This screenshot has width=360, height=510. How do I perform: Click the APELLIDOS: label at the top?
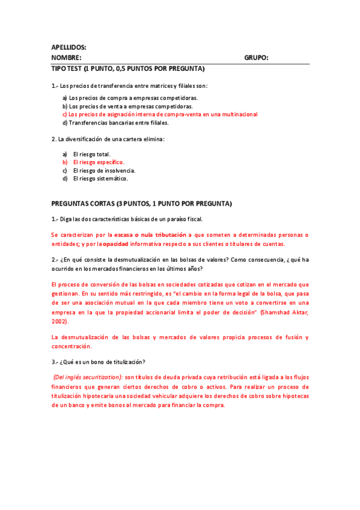click(x=69, y=47)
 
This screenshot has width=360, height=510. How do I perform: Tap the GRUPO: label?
click(x=256, y=58)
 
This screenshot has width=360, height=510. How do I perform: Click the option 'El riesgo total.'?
click(x=91, y=154)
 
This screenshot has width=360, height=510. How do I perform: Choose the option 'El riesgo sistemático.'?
click(x=100, y=179)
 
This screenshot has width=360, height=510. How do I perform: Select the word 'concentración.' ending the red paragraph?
click(x=72, y=346)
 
